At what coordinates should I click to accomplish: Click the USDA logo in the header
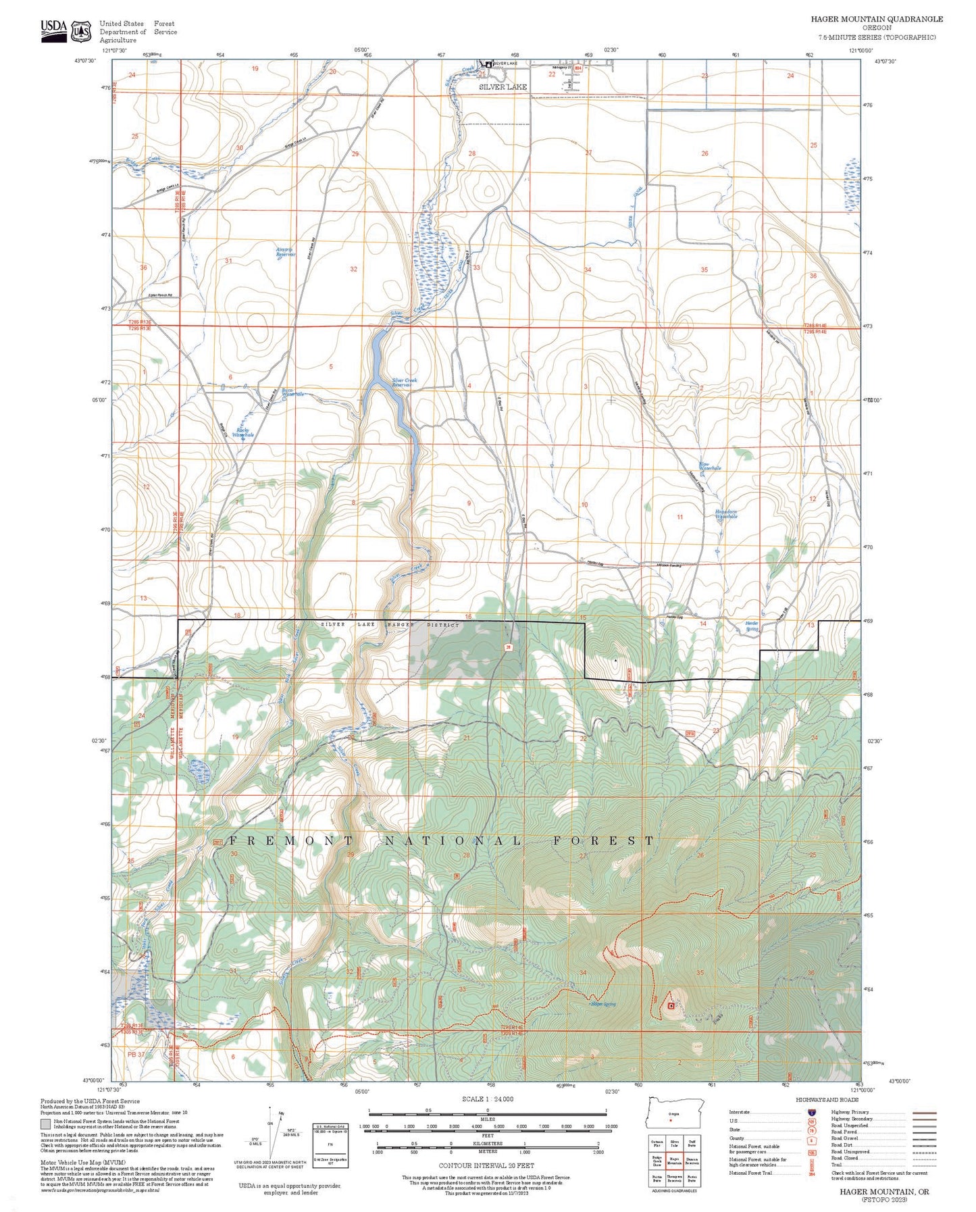[x=54, y=30]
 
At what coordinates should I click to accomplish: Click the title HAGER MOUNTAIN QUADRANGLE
[x=877, y=19]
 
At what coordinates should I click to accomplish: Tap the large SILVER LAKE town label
[x=503, y=87]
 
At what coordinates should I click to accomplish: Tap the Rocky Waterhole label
[x=242, y=433]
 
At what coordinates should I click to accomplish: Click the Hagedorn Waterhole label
[x=726, y=514]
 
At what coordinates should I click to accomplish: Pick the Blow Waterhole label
[x=710, y=466]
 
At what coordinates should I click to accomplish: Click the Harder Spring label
[x=752, y=626]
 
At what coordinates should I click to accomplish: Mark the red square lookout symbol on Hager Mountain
[x=670, y=1005]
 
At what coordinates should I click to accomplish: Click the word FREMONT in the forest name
[x=290, y=841]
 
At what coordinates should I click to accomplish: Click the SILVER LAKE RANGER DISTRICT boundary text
[x=390, y=625]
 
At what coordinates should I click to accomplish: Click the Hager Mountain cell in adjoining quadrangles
[x=674, y=1161]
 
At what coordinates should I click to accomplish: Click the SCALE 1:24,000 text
[x=486, y=1099]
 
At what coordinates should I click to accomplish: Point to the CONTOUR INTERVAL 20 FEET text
[x=486, y=1165]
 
